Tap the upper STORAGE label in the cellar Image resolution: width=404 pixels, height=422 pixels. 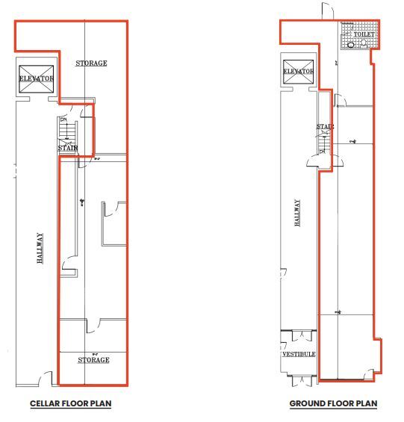92,63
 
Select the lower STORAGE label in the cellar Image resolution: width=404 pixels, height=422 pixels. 93,360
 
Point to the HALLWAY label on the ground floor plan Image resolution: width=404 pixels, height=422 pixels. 296,213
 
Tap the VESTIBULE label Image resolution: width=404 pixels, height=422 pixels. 299,354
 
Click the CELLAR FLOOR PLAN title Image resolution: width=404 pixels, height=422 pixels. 71,404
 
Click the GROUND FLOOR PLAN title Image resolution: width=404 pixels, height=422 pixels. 333,404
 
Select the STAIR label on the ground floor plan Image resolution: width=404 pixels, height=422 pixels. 324,127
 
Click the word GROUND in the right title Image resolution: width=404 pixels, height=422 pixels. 307,404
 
